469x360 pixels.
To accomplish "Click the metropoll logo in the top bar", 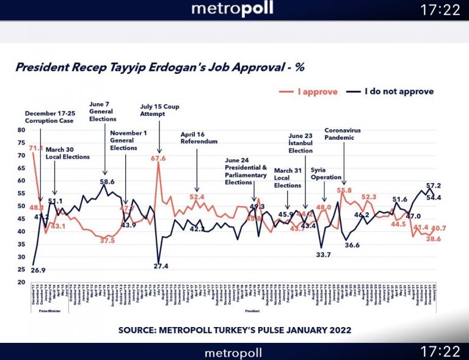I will coord(232,9).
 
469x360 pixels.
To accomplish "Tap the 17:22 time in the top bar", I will coord(440,10).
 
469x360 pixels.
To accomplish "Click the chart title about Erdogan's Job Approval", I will coord(159,67).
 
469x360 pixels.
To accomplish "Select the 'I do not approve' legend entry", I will coord(397,92).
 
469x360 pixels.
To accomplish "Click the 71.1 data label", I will coord(35,148).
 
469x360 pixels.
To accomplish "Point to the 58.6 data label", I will coord(107,182).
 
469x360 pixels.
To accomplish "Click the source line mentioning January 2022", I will coord(234,330).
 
